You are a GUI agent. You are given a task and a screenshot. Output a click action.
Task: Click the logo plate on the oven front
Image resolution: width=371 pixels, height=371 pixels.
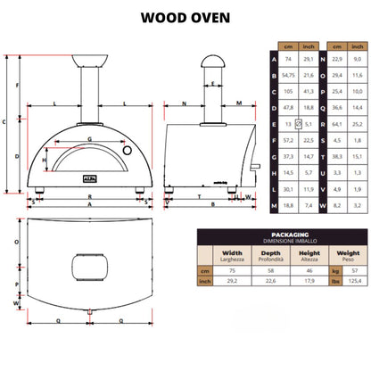[x=89, y=177]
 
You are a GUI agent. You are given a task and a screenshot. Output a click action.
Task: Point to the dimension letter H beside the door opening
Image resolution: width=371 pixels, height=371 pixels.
[x=45, y=161]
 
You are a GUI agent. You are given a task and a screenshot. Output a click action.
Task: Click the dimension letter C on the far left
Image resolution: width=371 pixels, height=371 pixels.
[x=5, y=122]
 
